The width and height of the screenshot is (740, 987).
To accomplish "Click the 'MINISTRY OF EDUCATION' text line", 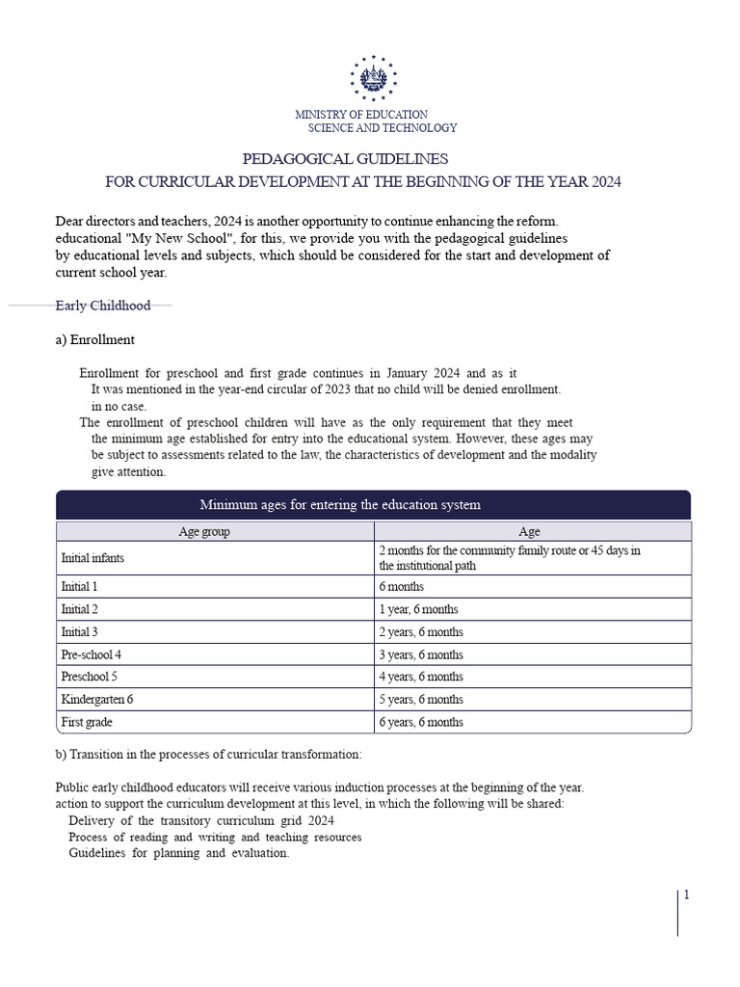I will [x=361, y=115].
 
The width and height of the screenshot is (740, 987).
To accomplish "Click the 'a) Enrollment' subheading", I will [x=95, y=339].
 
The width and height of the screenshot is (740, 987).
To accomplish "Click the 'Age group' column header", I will [x=204, y=531].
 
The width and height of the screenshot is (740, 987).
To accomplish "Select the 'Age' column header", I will [x=529, y=531].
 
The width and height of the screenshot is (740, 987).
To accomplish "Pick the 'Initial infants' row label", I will [x=92, y=558].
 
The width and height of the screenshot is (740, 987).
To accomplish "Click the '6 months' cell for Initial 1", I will [x=402, y=586].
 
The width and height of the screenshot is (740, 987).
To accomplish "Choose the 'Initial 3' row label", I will [x=80, y=632].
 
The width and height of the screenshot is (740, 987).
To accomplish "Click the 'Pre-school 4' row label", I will [x=91, y=654].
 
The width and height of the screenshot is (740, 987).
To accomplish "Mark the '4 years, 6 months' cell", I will [x=421, y=677].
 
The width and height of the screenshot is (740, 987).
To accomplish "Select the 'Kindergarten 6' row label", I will [x=96, y=700].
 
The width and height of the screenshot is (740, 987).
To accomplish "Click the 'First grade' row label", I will [x=88, y=722].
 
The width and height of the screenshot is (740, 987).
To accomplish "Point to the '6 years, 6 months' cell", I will [x=421, y=722].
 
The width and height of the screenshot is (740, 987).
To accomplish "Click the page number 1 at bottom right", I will [x=686, y=895].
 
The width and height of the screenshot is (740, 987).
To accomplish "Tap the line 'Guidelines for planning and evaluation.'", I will [x=178, y=854].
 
